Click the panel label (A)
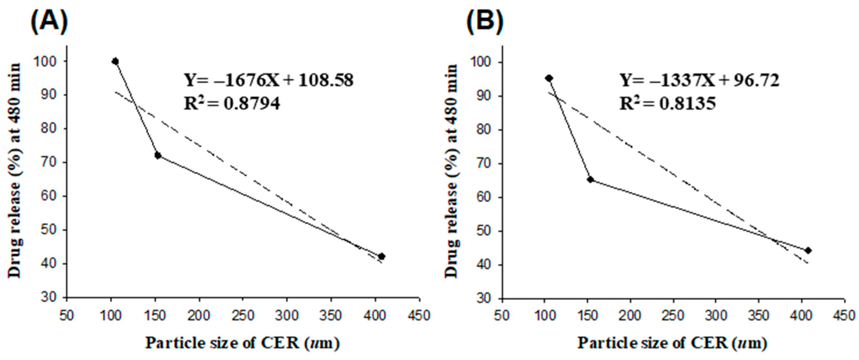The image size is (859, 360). [49, 21]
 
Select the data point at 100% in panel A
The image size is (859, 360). [115, 61]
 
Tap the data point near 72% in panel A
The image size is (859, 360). [158, 156]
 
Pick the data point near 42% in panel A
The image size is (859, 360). [382, 256]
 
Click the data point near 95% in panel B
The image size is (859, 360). [549, 78]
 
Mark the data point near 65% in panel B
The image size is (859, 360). [590, 180]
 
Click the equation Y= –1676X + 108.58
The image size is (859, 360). [269, 81]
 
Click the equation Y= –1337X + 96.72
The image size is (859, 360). [700, 81]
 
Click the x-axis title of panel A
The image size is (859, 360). [243, 343]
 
